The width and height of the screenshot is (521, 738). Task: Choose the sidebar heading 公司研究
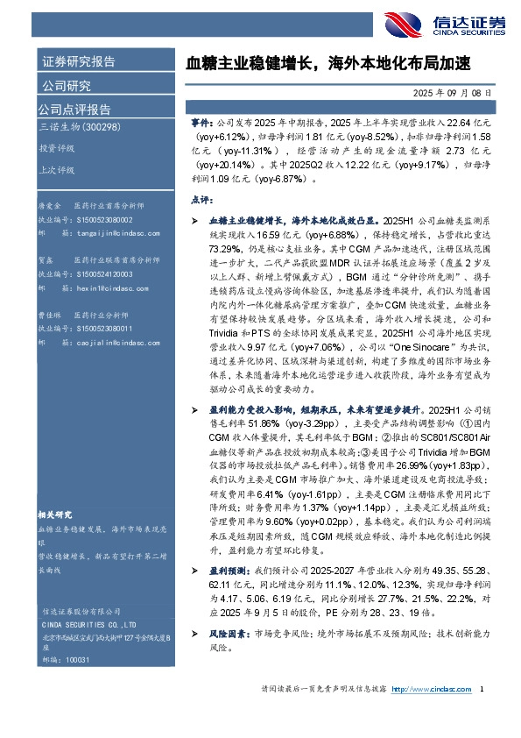[67, 86]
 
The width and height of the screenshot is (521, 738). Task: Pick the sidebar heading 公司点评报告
[74, 110]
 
